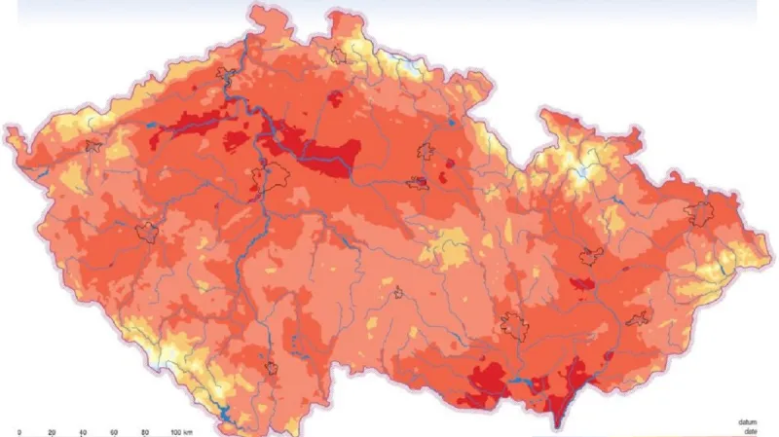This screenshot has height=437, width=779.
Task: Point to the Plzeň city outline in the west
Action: coord(147,232)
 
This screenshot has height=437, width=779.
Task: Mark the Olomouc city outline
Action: coord(590,256)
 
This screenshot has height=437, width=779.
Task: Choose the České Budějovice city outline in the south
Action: coord(275,369)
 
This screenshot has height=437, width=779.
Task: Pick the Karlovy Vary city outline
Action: coord(93,147)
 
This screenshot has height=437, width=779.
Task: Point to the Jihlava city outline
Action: coord(398,292)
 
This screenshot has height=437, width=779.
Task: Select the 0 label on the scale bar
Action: coord(19,430)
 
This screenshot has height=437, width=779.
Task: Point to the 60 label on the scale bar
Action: coord(114,430)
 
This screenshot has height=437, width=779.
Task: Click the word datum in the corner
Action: coord(747,422)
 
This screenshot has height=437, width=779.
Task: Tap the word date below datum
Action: coord(747,431)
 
